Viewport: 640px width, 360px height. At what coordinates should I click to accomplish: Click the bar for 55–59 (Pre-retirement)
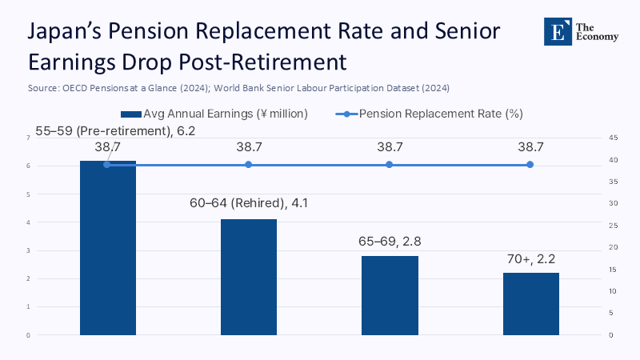point(107,248)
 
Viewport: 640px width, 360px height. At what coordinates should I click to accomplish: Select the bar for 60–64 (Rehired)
point(248,277)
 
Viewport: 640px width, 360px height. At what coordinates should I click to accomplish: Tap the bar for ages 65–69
point(390,295)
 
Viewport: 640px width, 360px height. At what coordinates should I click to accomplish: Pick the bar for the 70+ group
point(530,304)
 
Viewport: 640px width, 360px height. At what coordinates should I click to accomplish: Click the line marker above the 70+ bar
point(530,165)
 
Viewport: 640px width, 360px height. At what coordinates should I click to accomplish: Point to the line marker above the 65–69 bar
point(390,165)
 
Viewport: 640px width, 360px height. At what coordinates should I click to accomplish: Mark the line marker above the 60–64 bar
point(248,165)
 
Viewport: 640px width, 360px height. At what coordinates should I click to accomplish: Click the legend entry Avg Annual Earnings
point(214,114)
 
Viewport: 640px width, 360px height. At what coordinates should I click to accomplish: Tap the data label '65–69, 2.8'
point(390,241)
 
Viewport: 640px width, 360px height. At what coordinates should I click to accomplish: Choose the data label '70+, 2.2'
point(530,258)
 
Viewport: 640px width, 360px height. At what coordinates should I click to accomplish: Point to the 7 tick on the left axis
point(29,138)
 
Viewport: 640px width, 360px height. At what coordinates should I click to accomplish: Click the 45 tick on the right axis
point(612,138)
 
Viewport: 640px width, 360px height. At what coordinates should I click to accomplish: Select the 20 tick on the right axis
point(612,247)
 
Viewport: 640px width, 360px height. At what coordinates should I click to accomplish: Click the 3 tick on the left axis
point(29,250)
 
